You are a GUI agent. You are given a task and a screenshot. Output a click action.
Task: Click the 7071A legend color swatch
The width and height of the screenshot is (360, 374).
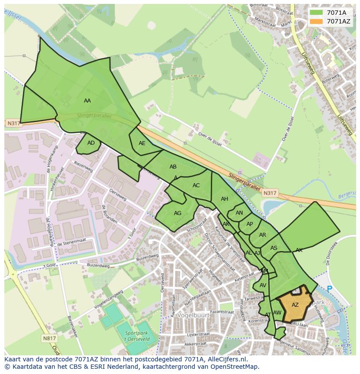[317, 13]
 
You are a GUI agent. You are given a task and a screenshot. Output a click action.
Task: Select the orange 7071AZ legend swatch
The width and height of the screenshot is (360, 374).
[317, 21]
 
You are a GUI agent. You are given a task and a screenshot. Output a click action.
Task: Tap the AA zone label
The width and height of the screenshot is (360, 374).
[87, 101]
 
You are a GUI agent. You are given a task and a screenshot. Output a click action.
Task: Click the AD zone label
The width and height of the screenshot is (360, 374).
[91, 143]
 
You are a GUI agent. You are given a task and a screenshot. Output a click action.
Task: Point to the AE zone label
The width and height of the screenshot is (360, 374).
[142, 143]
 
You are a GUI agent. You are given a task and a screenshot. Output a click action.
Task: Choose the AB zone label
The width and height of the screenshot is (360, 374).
[173, 167]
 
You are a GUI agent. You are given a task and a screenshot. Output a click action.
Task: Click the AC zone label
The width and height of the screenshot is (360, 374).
[196, 185]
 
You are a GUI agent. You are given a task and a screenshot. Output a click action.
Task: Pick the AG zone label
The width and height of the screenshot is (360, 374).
[177, 213]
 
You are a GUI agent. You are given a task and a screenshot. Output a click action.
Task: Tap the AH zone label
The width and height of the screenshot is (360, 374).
[224, 199]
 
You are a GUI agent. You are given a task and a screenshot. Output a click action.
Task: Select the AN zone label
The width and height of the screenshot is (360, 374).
[239, 213]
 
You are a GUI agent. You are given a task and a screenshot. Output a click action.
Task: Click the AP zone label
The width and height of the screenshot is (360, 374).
[250, 224]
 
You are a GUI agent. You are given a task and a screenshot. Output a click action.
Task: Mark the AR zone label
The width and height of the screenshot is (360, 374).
[263, 235]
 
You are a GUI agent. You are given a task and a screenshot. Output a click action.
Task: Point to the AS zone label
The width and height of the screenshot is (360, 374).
[274, 248]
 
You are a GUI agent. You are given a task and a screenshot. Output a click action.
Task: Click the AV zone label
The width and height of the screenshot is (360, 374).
[263, 285]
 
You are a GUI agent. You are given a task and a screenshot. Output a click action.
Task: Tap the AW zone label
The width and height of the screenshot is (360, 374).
[277, 313]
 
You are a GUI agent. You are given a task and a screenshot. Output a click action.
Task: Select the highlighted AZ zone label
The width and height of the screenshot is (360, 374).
[295, 305]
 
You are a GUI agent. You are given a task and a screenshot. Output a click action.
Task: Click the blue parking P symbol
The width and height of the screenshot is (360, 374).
[329, 289]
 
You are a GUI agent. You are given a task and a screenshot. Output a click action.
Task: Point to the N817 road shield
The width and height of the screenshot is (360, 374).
[49, 338]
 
